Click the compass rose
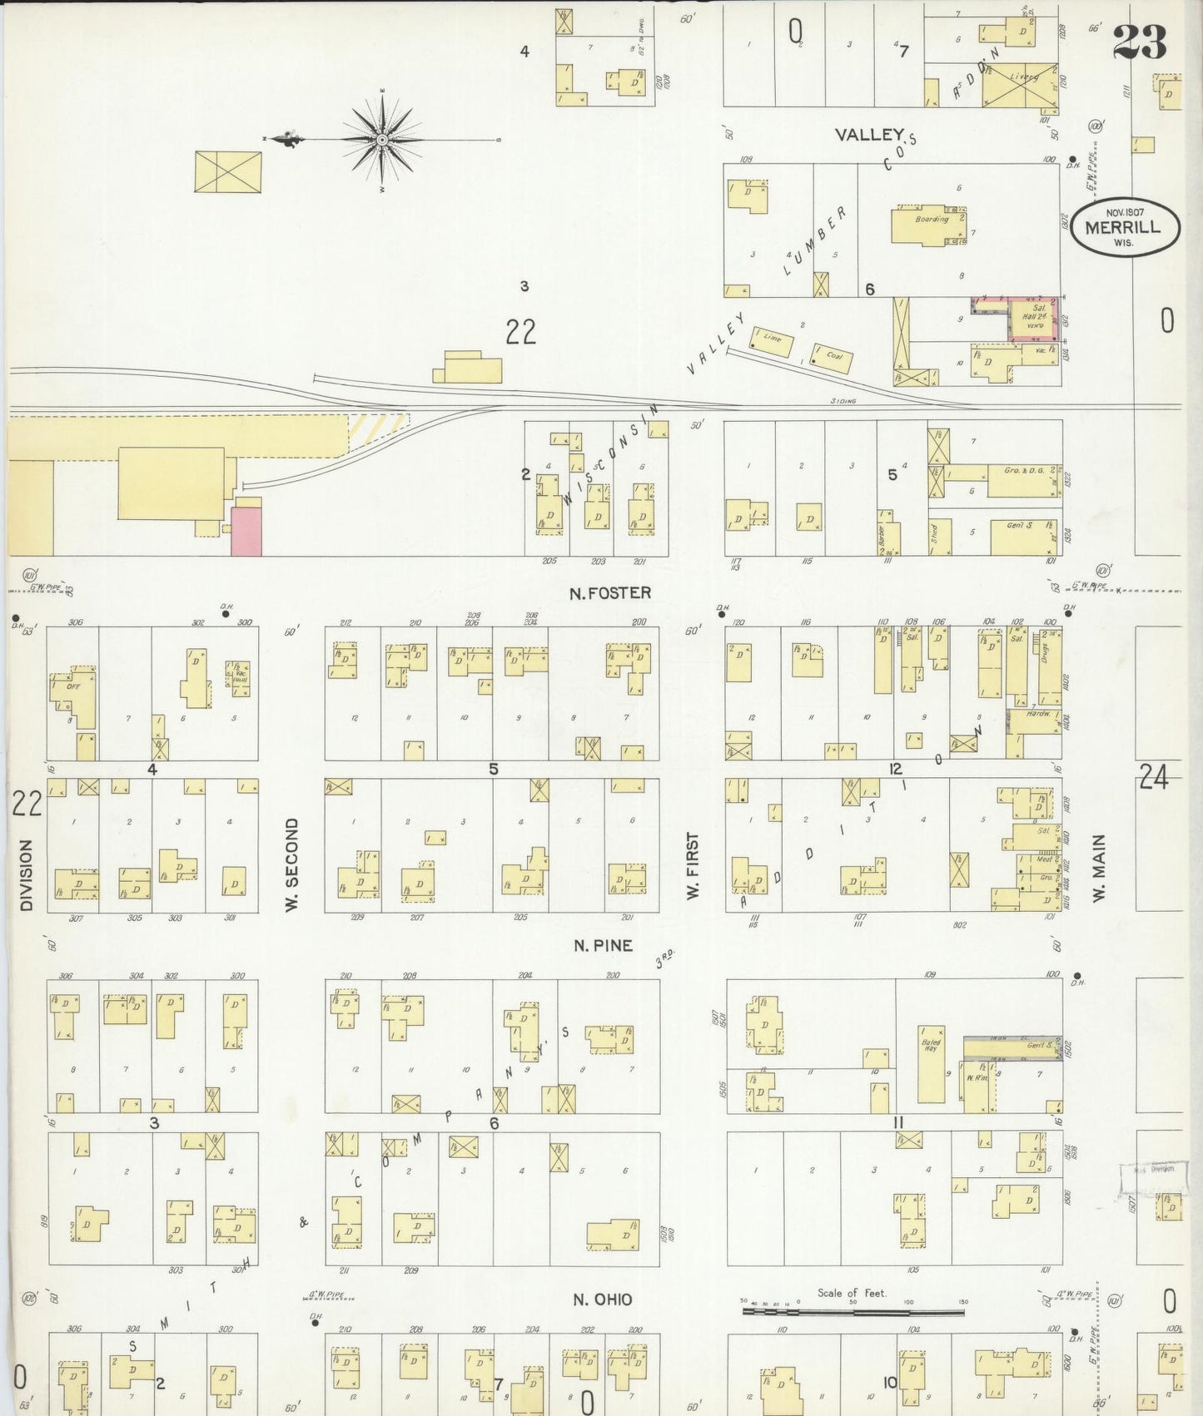pyautogui.click(x=382, y=139)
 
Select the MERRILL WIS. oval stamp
pyautogui.click(x=1126, y=225)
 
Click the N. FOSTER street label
pyautogui.click(x=609, y=593)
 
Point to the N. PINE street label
pyautogui.click(x=603, y=945)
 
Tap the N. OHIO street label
pyautogui.click(x=602, y=1299)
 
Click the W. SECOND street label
pyautogui.click(x=291, y=864)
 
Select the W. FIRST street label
pyautogui.click(x=693, y=865)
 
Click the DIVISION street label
pyautogui.click(x=26, y=874)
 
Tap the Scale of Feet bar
pyautogui.click(x=853, y=1311)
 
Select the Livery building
pyautogui.click(x=1021, y=85)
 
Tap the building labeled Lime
pyautogui.click(x=772, y=341)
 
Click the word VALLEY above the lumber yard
pyautogui.click(x=869, y=134)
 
